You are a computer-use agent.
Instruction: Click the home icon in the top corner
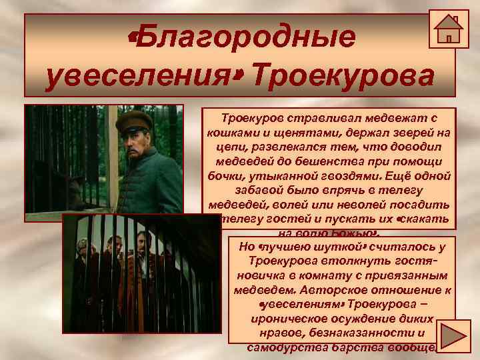[448, 29]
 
